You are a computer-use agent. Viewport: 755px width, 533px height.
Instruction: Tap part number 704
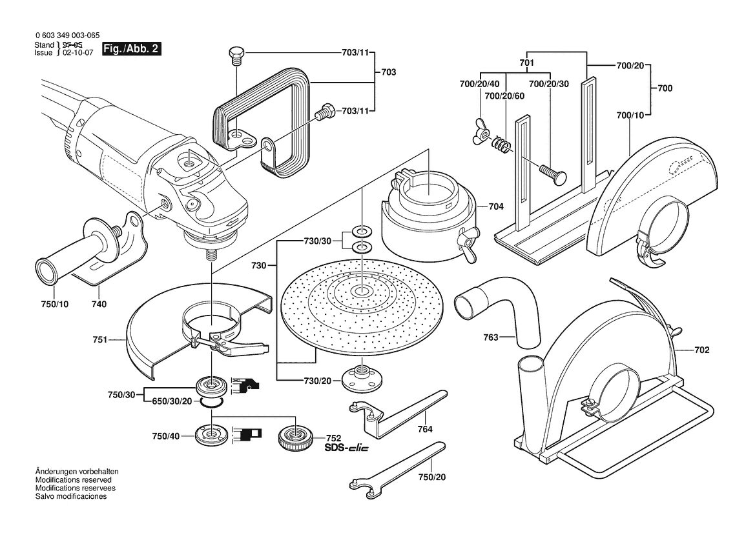pyautogui.click(x=496, y=206)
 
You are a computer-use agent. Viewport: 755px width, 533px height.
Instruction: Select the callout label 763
pyautogui.click(x=491, y=337)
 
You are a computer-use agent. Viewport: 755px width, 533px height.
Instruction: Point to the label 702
pyautogui.click(x=701, y=350)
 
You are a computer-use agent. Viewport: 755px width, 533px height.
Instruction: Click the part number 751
pyautogui.click(x=99, y=340)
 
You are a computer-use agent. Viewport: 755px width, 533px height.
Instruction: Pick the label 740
pyautogui.click(x=99, y=304)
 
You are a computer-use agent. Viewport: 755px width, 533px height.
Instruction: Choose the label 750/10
pyautogui.click(x=54, y=304)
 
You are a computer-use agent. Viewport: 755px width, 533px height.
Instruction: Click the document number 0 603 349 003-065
pyautogui.click(x=68, y=35)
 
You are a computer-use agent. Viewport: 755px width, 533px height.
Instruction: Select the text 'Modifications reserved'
pyautogui.click(x=73, y=479)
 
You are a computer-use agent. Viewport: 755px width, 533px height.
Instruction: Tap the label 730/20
pyautogui.click(x=317, y=381)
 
